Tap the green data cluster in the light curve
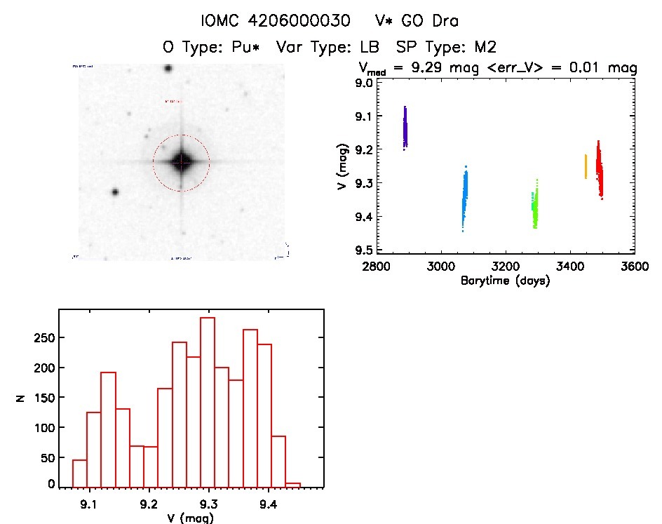(x=535, y=207)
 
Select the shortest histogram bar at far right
(x=293, y=484)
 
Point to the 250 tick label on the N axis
(x=43, y=338)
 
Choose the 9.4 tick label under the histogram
(x=267, y=503)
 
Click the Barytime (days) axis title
(x=505, y=281)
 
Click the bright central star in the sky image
(x=182, y=161)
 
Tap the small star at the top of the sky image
(x=168, y=69)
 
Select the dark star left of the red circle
(x=116, y=192)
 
